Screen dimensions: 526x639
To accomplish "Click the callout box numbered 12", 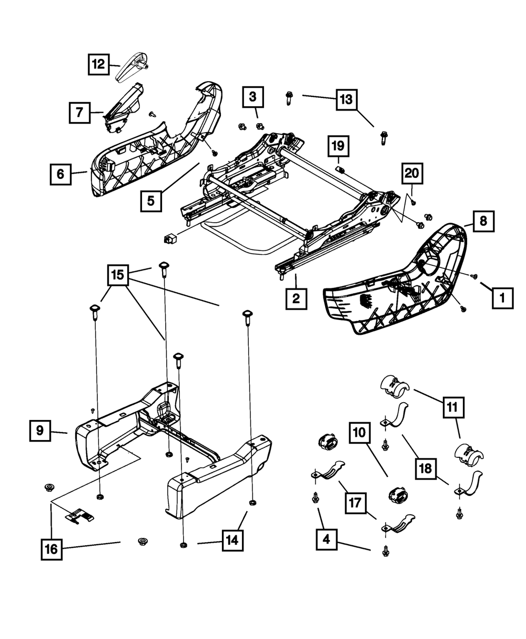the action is (98, 64).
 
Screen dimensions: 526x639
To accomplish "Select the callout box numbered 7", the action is (79, 113).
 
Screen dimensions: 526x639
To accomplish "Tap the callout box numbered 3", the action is (253, 97).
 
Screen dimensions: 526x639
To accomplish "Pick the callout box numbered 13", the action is (346, 99).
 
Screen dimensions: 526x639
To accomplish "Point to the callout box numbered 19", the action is (338, 146).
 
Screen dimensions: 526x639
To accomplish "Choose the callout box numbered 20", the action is (412, 173).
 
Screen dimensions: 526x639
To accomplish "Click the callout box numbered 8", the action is (483, 221).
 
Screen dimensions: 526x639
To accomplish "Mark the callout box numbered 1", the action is (502, 298).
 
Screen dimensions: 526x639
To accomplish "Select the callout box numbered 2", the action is (296, 298).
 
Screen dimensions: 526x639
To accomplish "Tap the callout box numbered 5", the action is (151, 201).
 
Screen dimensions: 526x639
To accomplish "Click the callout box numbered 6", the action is (60, 174).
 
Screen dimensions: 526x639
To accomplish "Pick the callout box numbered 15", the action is (118, 275).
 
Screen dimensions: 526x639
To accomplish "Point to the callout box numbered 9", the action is (40, 431).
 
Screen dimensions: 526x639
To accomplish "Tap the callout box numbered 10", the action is (359, 433).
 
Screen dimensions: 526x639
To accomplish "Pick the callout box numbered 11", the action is (453, 407).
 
